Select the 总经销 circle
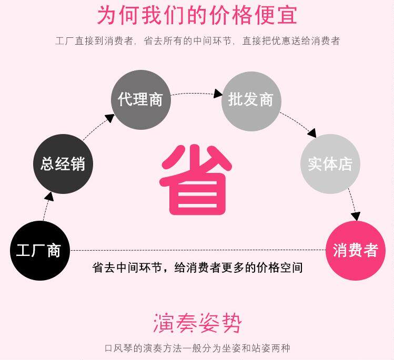pos(63,163)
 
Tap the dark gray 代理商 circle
pos(140,100)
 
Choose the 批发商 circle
pos(251,100)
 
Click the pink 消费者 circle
pos(355,250)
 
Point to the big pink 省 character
pos(196,178)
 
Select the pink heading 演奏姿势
pos(197,322)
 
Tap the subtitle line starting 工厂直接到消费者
pos(197,40)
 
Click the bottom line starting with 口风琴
pos(197,348)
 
